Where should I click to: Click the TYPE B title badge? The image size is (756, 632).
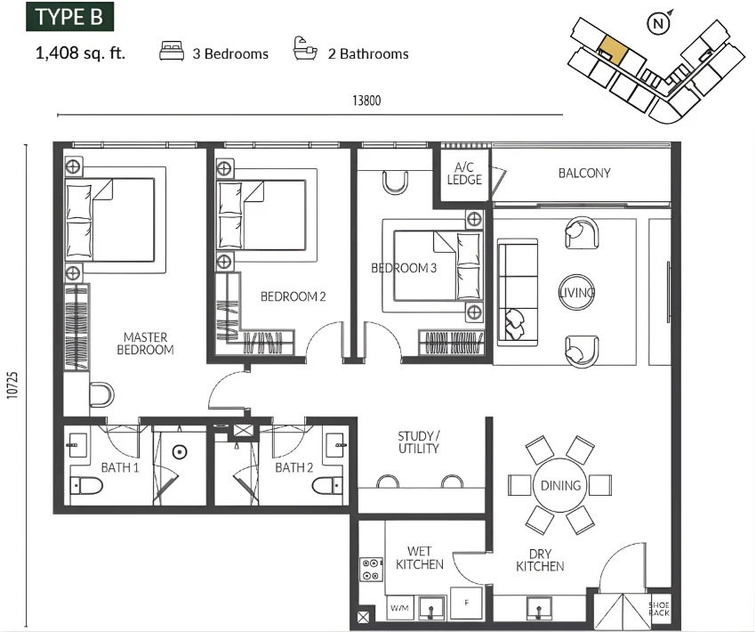point(70,17)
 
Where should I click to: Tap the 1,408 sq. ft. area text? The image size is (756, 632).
point(81,53)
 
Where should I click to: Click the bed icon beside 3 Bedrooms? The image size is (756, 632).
point(172,51)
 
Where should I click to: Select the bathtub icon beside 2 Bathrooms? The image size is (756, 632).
point(305,49)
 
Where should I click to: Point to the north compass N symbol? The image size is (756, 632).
point(658,23)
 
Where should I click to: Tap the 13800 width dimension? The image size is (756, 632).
point(366,101)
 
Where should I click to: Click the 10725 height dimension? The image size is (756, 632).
point(12,385)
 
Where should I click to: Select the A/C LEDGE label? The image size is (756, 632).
point(464,174)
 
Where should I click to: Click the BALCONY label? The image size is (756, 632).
point(584,173)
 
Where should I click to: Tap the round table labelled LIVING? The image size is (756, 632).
point(576,292)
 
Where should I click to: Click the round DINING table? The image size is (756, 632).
point(560,485)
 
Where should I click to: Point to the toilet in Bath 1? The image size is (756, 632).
point(87,486)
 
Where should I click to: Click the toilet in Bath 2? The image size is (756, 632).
point(327,486)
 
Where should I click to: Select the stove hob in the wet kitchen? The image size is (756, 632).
point(371,570)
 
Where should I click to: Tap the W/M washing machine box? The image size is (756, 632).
point(399,608)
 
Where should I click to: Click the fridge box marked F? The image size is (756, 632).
point(466,603)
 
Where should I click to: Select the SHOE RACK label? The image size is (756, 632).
point(658,609)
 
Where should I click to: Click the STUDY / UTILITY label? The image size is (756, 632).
point(419,442)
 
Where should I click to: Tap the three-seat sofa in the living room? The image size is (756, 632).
point(518,292)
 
